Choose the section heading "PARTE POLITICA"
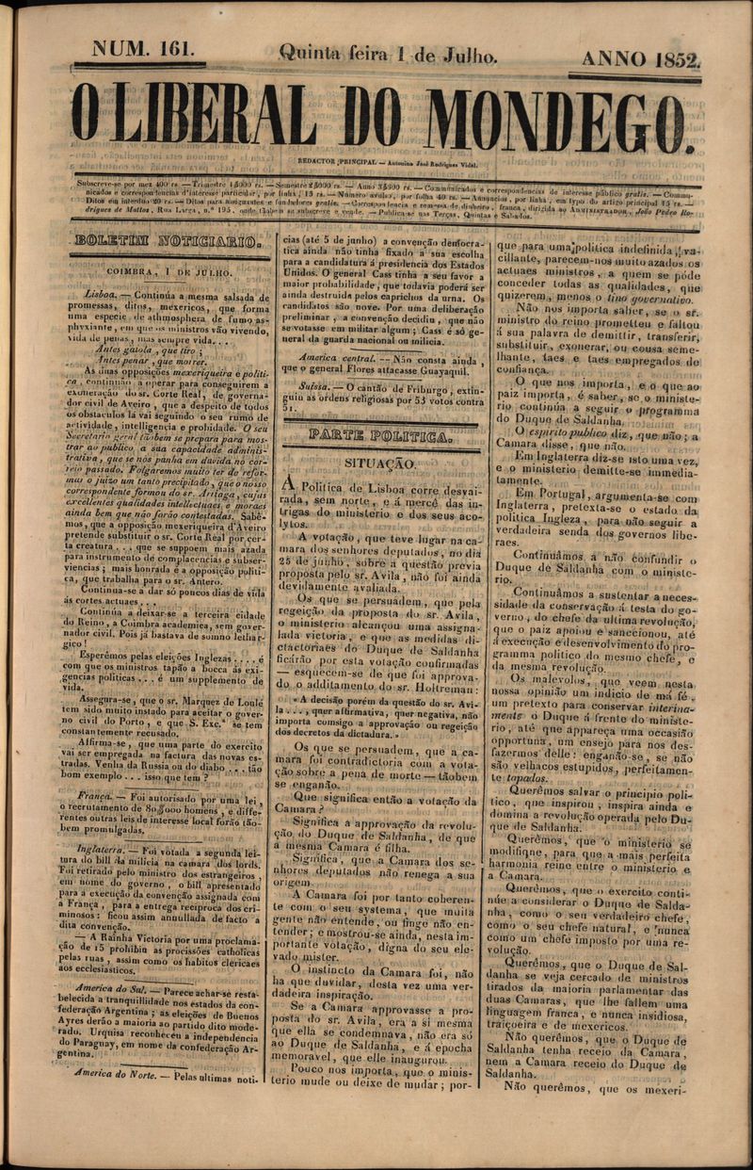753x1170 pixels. click(380, 437)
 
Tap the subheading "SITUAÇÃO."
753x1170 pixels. click(379, 463)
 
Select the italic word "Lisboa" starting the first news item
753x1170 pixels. click(100, 294)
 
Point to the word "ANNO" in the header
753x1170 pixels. click(612, 59)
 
